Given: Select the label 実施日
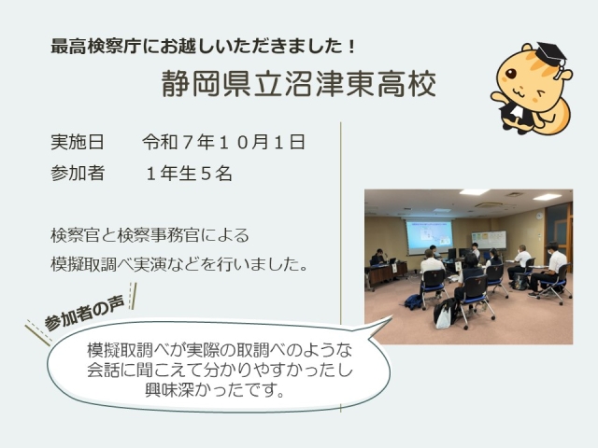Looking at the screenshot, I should pyautogui.click(x=78, y=143).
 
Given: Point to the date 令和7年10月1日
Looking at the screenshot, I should pyautogui.click(x=224, y=143).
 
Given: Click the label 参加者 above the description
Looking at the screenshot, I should pyautogui.click(x=78, y=174).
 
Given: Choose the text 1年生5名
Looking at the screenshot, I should pyautogui.click(x=188, y=174).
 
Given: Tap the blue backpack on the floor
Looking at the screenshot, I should pyautogui.click(x=412, y=301).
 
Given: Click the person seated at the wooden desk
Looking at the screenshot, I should pyautogui.click(x=378, y=258).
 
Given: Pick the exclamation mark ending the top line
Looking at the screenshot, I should pyautogui.click(x=350, y=46).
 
